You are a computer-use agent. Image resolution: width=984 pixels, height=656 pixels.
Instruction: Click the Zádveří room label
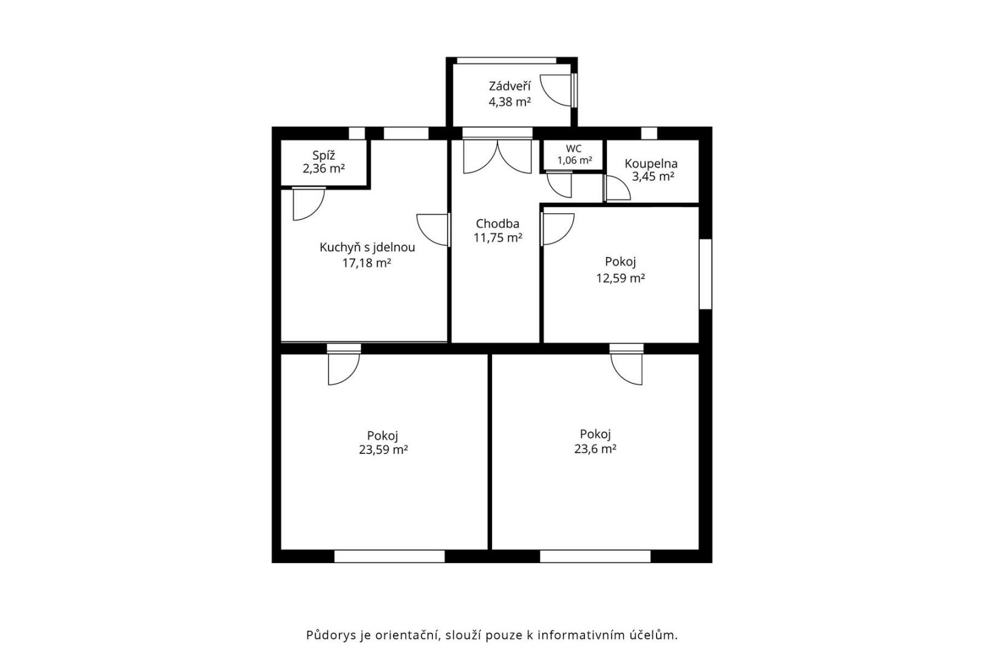[510, 86]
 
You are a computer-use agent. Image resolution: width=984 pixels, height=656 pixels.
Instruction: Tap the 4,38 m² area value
[510, 102]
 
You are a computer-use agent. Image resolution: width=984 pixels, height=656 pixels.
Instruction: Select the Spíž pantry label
[324, 155]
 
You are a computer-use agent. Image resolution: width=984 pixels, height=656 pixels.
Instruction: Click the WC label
[574, 149]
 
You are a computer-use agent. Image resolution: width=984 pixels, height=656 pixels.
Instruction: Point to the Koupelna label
[651, 164]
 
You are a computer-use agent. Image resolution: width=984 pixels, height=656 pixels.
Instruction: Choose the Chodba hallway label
[497, 224]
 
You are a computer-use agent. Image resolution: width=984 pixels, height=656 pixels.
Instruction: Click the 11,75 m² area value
[497, 237]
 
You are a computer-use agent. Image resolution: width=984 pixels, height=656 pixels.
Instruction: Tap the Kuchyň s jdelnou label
[367, 248]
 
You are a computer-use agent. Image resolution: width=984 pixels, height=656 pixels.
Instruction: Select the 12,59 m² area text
[620, 278]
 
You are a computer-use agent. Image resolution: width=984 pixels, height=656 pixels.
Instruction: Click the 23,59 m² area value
[383, 450]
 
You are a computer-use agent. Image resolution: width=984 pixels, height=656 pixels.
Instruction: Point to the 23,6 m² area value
[595, 449]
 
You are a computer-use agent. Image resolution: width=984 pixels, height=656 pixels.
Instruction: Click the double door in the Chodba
[497, 157]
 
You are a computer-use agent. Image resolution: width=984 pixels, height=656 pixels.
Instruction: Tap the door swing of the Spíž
[309, 204]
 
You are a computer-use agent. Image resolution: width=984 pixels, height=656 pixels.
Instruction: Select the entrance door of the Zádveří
[558, 90]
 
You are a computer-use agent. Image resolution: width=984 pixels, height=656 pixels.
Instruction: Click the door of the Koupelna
[617, 188]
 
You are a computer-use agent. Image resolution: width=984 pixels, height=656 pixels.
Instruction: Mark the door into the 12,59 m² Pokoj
[558, 229]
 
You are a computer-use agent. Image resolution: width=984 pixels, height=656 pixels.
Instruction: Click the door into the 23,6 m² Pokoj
[626, 364]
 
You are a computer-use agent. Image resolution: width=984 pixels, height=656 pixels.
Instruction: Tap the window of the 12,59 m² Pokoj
[705, 274]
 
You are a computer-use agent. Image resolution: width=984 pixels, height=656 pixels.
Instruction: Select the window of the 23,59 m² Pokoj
[389, 556]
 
